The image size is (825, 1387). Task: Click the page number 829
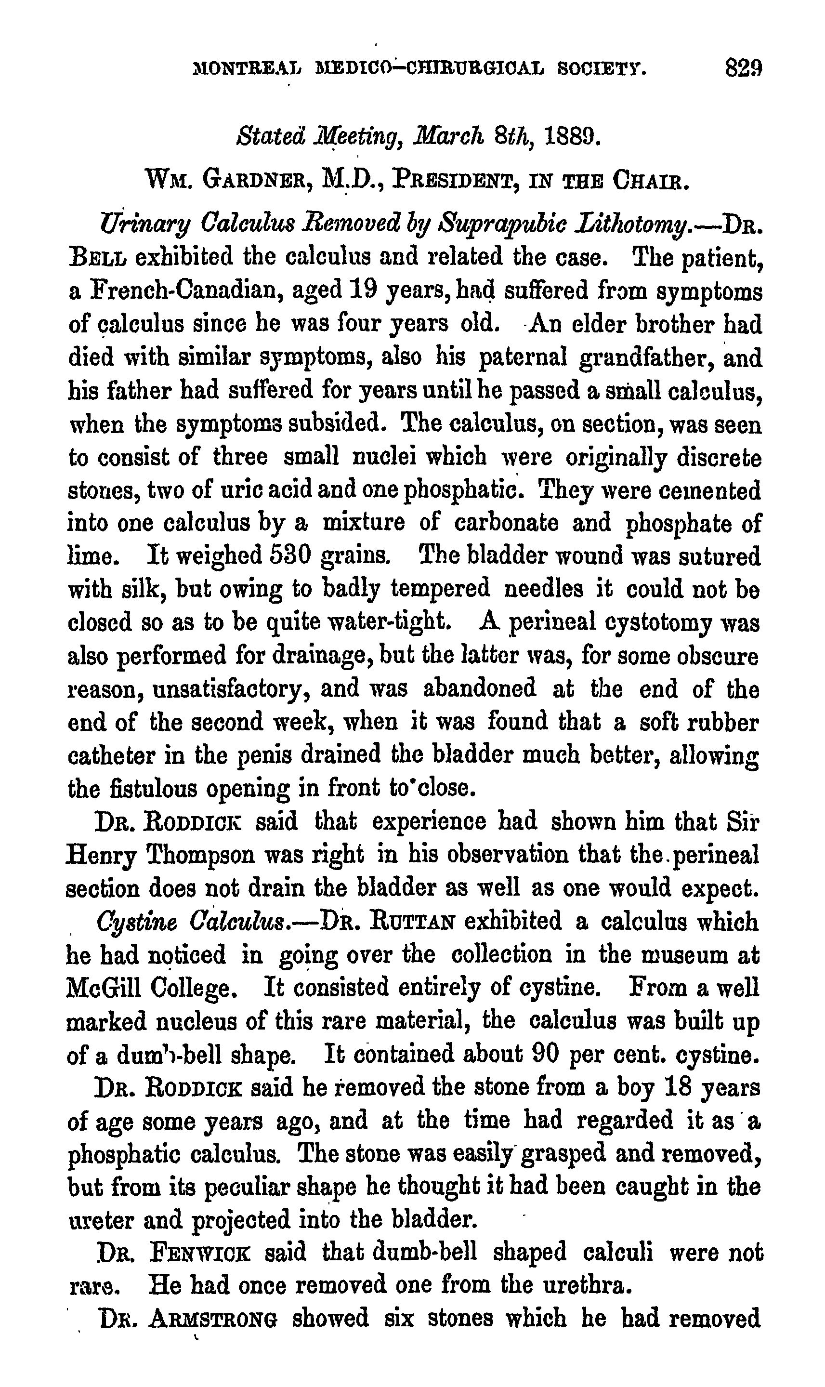pos(743,69)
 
